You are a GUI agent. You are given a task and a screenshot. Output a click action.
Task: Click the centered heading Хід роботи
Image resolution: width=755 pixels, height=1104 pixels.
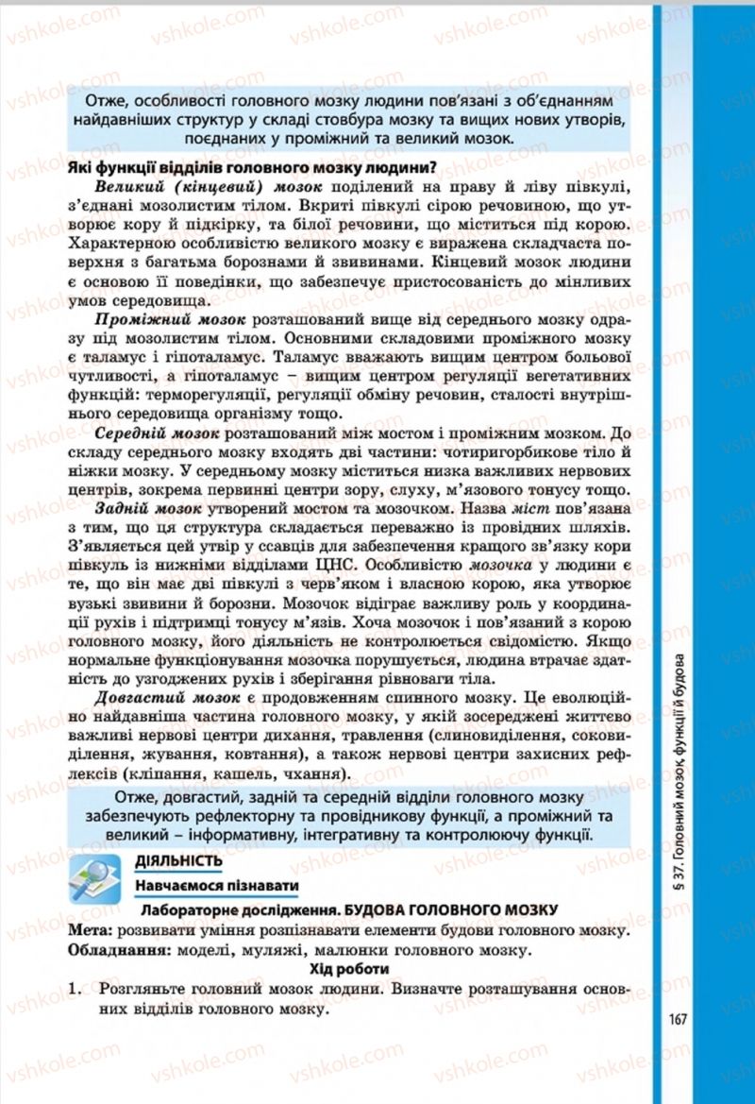349,969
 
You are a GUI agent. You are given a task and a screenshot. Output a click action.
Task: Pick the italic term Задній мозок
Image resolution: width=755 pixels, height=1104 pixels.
149,508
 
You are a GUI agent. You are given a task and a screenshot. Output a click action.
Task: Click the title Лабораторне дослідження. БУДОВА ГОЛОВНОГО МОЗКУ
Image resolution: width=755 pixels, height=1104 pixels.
348,909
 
